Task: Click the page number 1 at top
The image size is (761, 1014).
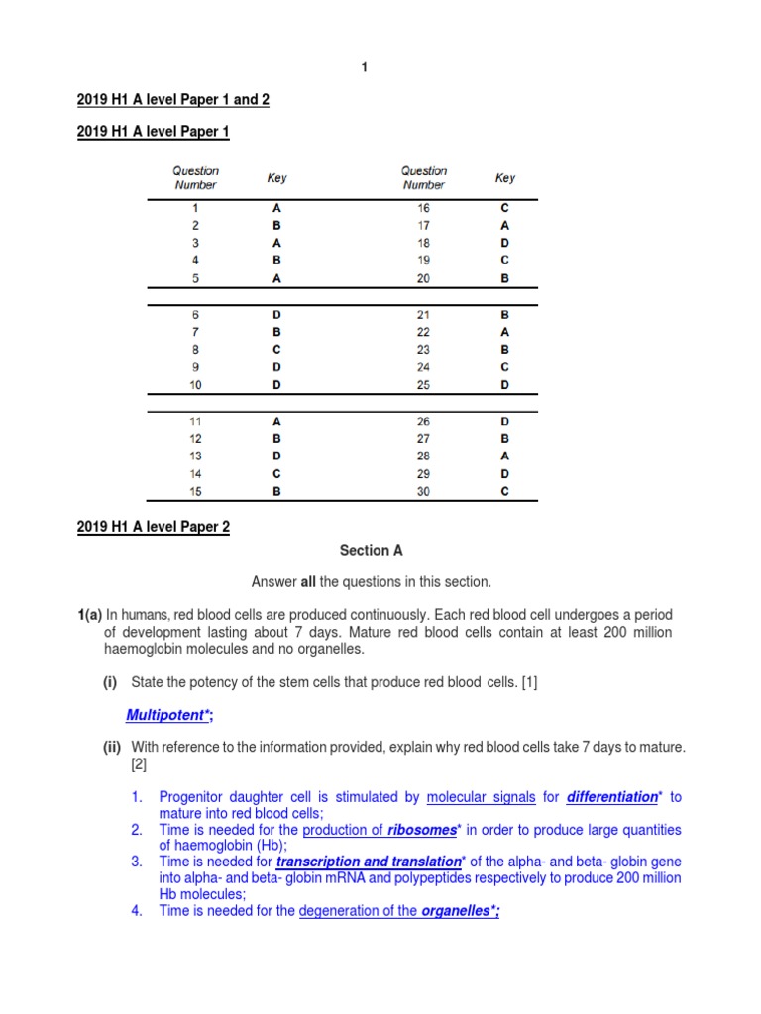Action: pyautogui.click(x=364, y=67)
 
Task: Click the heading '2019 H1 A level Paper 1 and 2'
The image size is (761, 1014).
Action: pyautogui.click(x=172, y=99)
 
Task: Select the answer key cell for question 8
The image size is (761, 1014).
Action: pyautogui.click(x=276, y=349)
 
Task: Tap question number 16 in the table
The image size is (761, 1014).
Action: pyautogui.click(x=423, y=208)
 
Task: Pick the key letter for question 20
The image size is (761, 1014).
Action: pyautogui.click(x=504, y=278)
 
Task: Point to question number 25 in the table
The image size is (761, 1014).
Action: pyautogui.click(x=423, y=384)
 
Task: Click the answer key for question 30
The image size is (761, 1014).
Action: pyautogui.click(x=504, y=491)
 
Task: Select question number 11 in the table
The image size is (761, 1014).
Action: pyautogui.click(x=196, y=421)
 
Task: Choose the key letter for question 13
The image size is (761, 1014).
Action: pyautogui.click(x=276, y=456)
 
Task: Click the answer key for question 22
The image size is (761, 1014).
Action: pyautogui.click(x=504, y=332)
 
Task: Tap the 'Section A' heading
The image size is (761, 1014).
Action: pyautogui.click(x=371, y=550)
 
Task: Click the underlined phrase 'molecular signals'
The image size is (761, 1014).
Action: pyautogui.click(x=481, y=796)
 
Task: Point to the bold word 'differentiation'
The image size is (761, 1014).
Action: pyautogui.click(x=611, y=796)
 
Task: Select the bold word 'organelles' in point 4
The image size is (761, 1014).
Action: pyautogui.click(x=458, y=911)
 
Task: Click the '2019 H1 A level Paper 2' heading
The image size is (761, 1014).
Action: pyautogui.click(x=153, y=527)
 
